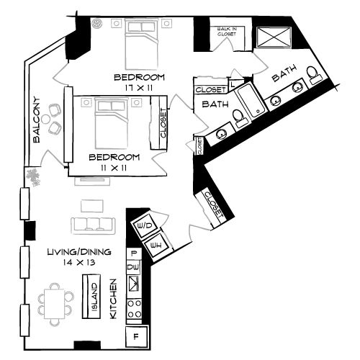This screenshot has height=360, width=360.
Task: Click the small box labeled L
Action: [232, 83]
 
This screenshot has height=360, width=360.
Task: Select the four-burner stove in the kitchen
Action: [133, 310]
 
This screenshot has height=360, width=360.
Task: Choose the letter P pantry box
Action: [133, 254]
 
